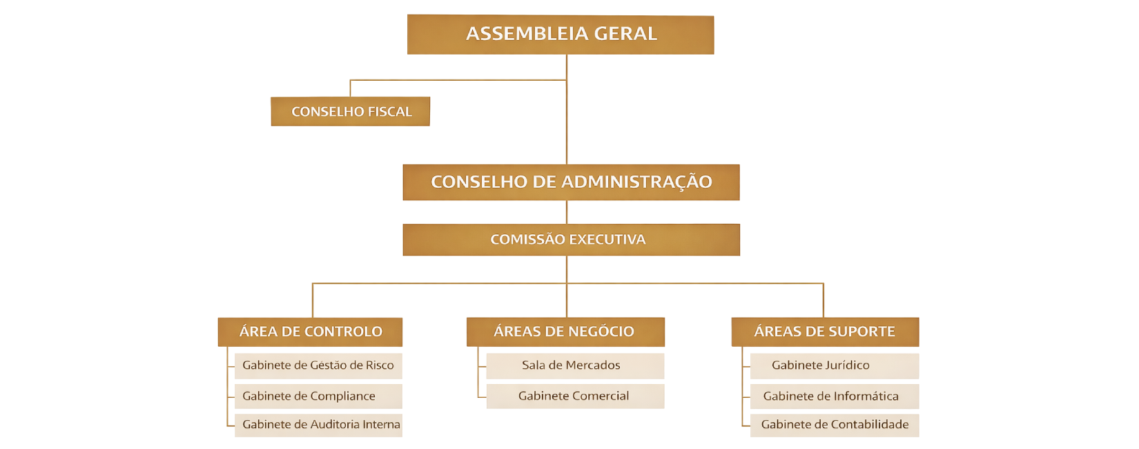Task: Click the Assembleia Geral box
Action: point(560,35)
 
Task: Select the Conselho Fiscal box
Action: point(350,111)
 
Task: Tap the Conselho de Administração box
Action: point(571,182)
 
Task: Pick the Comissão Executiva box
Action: point(571,240)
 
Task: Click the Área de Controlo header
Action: point(310,332)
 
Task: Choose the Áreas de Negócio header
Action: point(565,332)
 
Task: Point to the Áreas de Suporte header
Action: point(825,332)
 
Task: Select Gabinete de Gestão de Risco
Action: point(318,365)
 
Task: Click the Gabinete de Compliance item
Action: point(318,396)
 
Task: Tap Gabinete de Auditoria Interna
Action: point(318,425)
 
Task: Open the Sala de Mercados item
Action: point(574,365)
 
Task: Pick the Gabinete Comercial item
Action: point(574,396)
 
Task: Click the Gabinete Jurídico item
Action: point(834,365)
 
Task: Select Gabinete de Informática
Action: point(834,396)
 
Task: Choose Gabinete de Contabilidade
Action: point(834,425)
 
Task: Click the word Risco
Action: point(380,365)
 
